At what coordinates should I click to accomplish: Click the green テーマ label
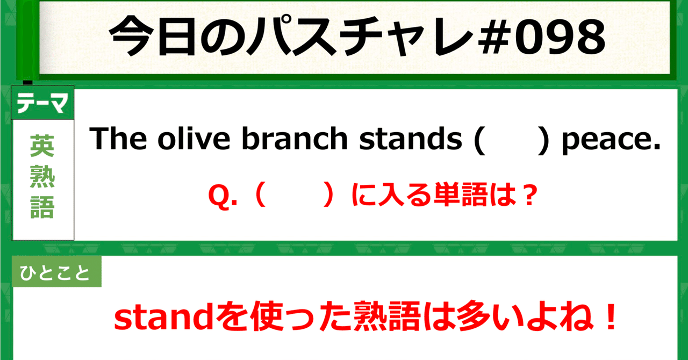(x=42, y=104)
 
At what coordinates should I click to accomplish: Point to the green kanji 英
(x=42, y=145)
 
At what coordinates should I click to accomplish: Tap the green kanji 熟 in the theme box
(x=42, y=177)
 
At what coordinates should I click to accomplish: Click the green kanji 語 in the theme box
(x=42, y=207)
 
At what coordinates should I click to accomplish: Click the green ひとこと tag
(x=56, y=274)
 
